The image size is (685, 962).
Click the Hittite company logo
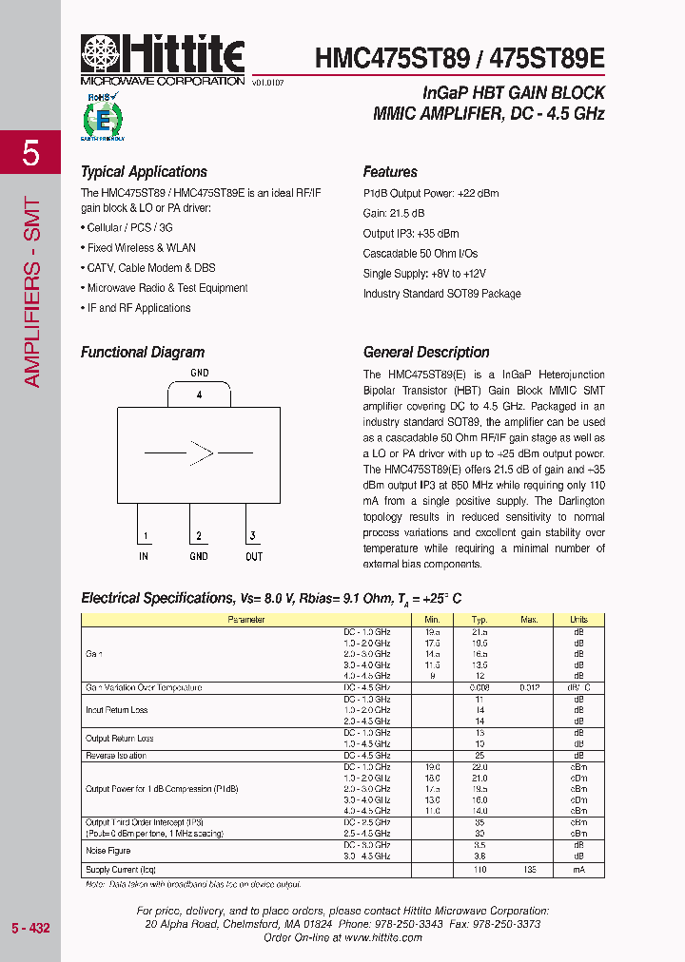pyautogui.click(x=163, y=60)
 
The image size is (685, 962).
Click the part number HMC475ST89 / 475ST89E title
pyautogui.click(x=460, y=59)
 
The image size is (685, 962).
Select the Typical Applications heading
pyautogui.click(x=144, y=172)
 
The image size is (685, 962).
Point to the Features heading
pyautogui.click(x=390, y=172)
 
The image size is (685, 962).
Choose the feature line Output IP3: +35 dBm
pyautogui.click(x=410, y=234)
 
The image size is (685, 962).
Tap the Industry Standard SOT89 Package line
pyautogui.click(x=441, y=294)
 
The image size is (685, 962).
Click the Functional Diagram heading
pyautogui.click(x=143, y=353)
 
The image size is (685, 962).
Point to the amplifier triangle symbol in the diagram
pyautogui.click(x=201, y=452)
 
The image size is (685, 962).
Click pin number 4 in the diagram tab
pyautogui.click(x=199, y=394)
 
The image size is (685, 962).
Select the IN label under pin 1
pyautogui.click(x=144, y=556)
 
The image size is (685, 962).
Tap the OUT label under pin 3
pyautogui.click(x=253, y=556)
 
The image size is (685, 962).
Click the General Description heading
pyautogui.click(x=426, y=353)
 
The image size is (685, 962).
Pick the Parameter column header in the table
pyautogui.click(x=245, y=620)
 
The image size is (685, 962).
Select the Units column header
pyautogui.click(x=578, y=620)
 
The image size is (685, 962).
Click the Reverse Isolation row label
pyautogui.click(x=116, y=756)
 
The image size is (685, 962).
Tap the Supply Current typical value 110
pyautogui.click(x=479, y=870)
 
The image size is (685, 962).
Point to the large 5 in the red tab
pyautogui.click(x=30, y=153)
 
